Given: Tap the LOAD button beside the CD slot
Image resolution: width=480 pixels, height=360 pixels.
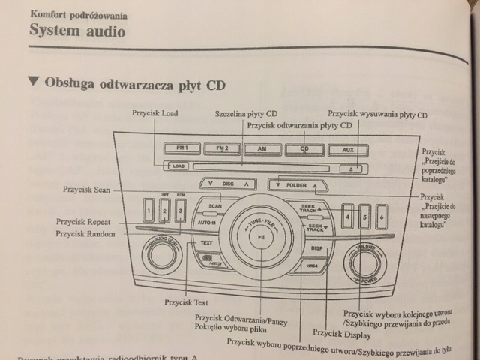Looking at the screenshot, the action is [178, 165].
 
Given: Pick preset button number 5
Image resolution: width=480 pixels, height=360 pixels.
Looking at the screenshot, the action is [364, 217].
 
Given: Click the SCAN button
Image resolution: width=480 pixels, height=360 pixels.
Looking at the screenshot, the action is [215, 205].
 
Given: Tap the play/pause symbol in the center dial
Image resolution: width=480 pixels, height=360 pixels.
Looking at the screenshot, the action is [260, 238].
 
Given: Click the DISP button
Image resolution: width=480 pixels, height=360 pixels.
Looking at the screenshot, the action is [317, 247].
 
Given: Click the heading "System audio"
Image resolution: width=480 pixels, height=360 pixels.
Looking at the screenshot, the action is [77, 31].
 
